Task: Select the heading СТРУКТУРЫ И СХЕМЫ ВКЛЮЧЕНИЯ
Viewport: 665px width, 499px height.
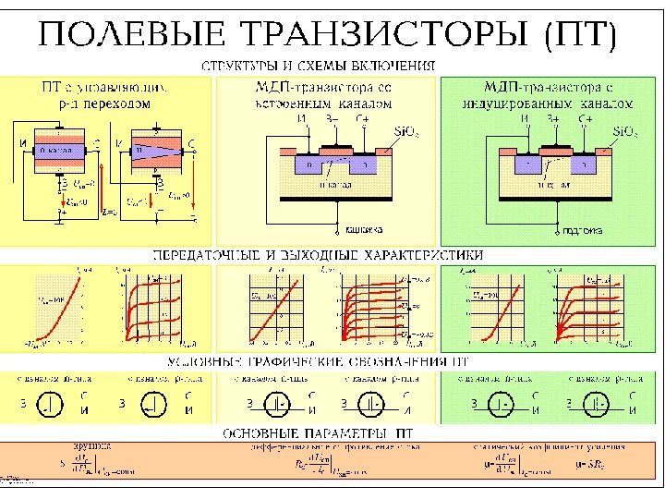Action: (319, 66)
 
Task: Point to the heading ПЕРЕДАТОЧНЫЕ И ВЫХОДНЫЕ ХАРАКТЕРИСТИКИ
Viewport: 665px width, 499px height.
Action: (318, 253)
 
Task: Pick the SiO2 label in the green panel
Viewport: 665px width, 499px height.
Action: (625, 132)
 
